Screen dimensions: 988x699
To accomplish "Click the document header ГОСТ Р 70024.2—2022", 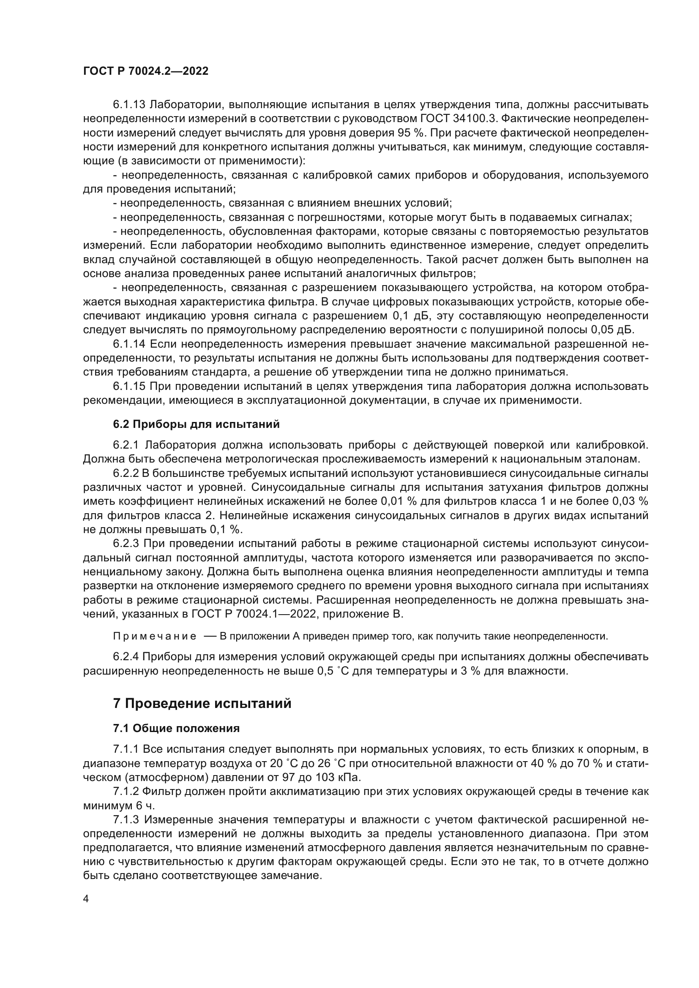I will (145, 71).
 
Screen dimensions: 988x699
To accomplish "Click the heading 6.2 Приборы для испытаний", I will (196, 424).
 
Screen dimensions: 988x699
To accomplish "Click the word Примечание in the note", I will (155, 637).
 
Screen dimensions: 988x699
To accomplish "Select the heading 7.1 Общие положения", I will (177, 729).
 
